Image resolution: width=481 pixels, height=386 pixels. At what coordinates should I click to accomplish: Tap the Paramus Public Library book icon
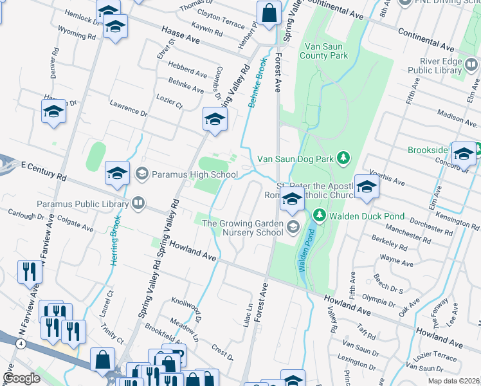[x=138, y=205]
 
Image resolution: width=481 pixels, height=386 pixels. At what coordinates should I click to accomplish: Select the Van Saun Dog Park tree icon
[x=344, y=158]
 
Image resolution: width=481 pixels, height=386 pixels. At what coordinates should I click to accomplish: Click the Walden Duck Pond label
[x=361, y=215]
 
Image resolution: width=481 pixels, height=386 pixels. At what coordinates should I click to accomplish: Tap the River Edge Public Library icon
[x=471, y=65]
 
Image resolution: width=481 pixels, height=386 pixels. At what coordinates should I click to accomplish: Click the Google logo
[x=21, y=378]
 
